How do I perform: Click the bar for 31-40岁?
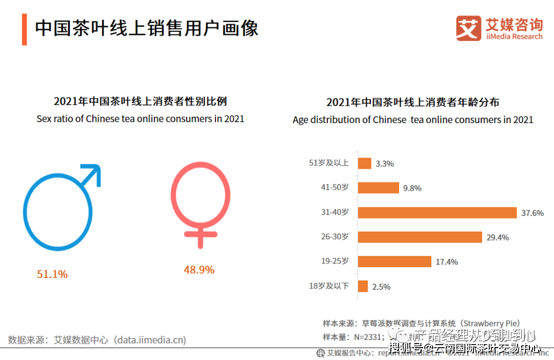coord(437,213)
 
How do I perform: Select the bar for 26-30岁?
coord(420,237)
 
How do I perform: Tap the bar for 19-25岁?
coord(394,262)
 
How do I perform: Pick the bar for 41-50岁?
coord(378,188)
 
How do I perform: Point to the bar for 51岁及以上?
coord(364,163)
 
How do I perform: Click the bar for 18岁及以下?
coord(363,286)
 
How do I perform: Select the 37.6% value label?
coord(532,213)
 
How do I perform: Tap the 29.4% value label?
coord(498,237)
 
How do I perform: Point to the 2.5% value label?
coord(381,287)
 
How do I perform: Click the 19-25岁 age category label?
coord(335,262)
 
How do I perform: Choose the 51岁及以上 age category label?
coord(329,163)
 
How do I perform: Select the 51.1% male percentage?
coord(52,274)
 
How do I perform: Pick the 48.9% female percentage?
coord(199,270)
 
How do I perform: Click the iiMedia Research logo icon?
coord(468,28)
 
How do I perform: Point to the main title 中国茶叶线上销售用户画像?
coord(146,28)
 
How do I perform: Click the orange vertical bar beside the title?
coord(24,29)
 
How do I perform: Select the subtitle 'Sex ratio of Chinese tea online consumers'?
coord(141,119)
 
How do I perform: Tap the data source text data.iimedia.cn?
coord(150,340)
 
